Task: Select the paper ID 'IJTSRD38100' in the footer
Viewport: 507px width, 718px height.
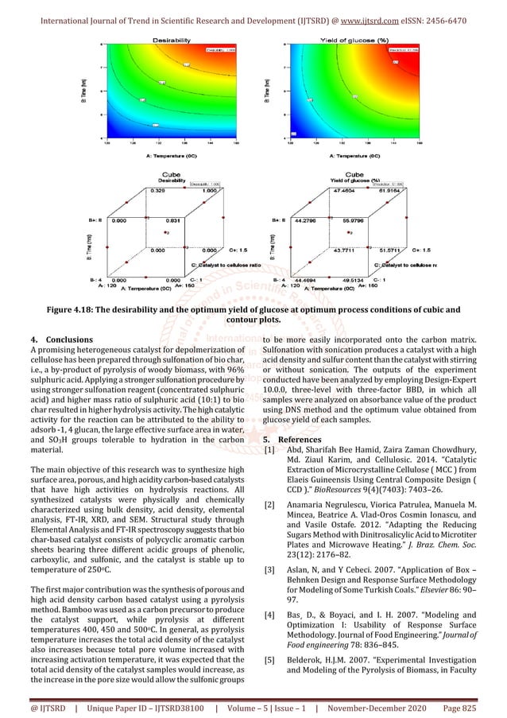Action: coord(180,706)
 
